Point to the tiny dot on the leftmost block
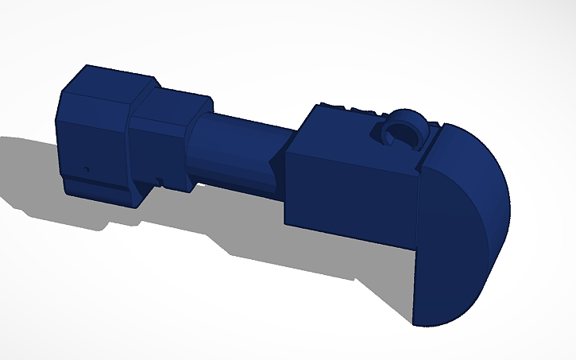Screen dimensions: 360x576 86,168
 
